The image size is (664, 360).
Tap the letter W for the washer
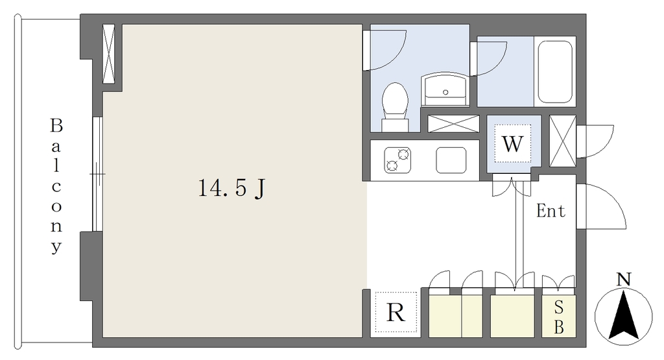[512, 143]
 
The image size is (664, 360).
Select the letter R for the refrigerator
[396, 313]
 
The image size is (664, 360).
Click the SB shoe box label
[558, 317]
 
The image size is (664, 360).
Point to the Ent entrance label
[551, 211]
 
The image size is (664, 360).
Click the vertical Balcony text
[56, 186]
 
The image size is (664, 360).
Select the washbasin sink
[445, 89]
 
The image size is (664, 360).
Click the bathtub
[555, 71]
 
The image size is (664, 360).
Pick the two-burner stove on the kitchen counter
[397, 160]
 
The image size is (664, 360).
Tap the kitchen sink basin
[451, 160]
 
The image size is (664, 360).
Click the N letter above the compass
[623, 279]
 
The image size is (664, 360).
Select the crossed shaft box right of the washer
[563, 141]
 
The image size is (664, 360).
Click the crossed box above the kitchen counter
[453, 124]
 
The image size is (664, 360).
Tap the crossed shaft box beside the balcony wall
[109, 54]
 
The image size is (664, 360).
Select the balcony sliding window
[97, 174]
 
